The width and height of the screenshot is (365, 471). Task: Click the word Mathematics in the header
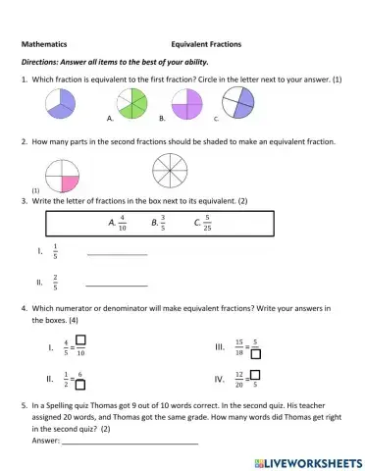coord(44,44)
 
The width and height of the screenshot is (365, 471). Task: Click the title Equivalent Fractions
coord(206,44)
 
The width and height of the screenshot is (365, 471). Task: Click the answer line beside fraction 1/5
coord(117,254)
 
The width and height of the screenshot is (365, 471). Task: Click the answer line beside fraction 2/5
coord(117,285)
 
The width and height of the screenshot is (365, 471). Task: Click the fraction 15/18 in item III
coord(238,346)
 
